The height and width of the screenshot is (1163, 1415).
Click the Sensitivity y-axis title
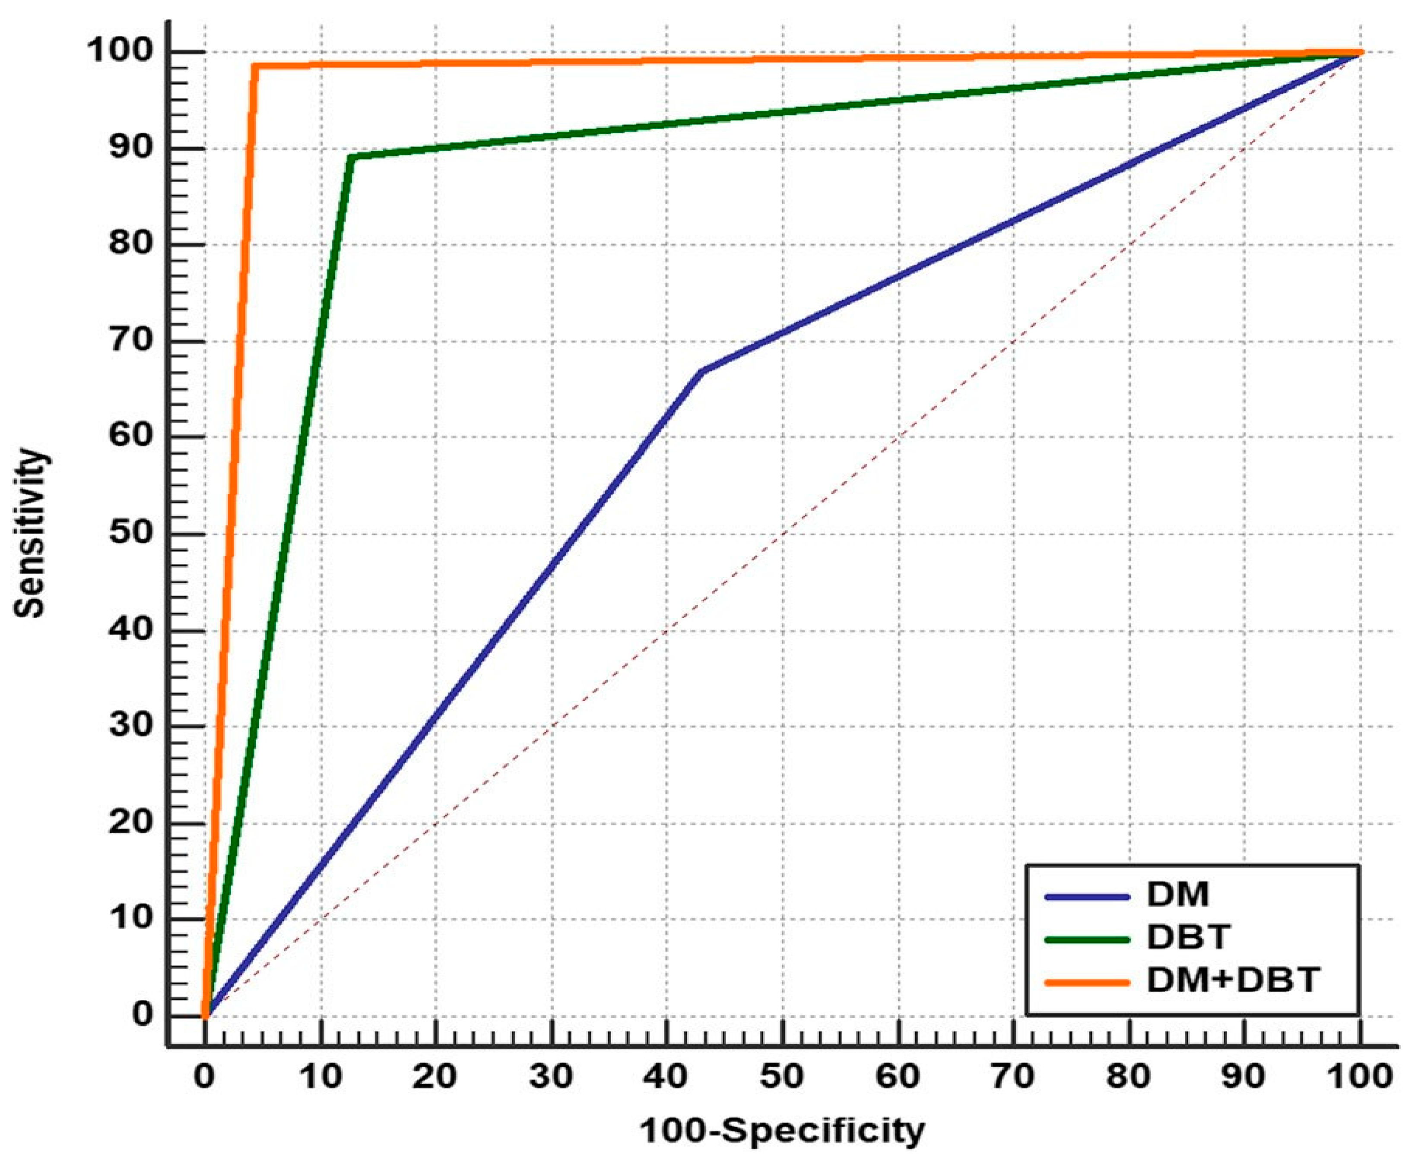point(30,533)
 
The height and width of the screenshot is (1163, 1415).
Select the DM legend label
point(1178,894)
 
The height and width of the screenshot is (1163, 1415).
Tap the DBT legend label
point(1188,938)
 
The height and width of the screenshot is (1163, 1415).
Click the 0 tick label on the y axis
point(142,1015)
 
